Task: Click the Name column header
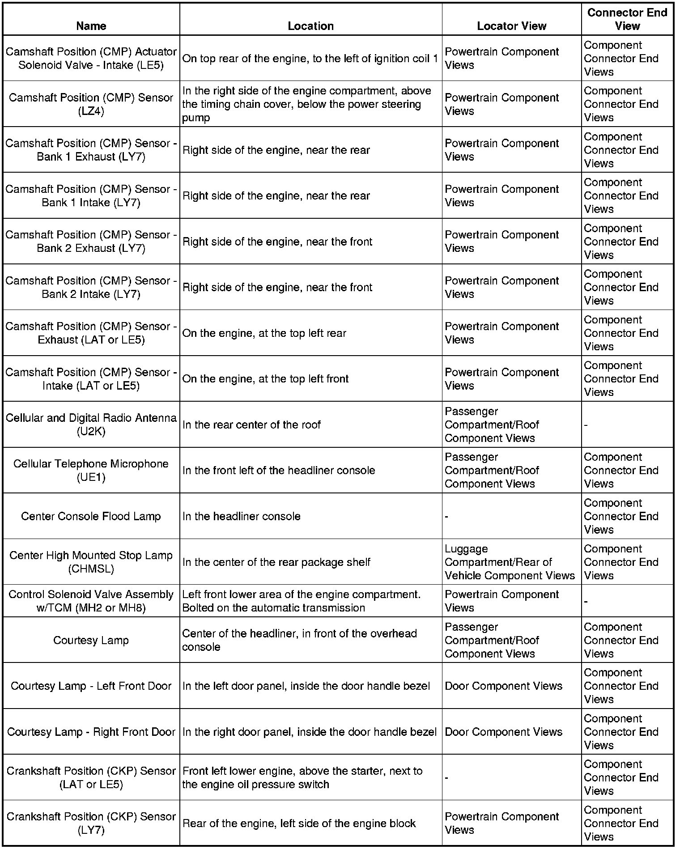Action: (x=91, y=26)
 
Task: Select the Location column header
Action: (x=310, y=26)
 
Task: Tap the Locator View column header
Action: (x=511, y=26)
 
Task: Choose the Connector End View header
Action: (x=627, y=19)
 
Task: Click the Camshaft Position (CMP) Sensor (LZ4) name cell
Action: (x=91, y=104)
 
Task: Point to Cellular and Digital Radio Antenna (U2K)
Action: (x=91, y=424)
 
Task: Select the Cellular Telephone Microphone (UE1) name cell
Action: (x=91, y=470)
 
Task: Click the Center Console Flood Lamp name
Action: (x=91, y=516)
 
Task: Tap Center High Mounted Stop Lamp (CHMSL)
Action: (x=91, y=562)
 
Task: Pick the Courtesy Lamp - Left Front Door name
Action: (x=91, y=686)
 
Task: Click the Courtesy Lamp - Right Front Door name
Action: (x=91, y=732)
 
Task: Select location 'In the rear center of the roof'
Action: (x=251, y=424)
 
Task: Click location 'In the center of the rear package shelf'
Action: (x=276, y=562)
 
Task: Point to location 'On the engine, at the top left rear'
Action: (x=264, y=333)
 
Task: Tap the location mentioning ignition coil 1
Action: (x=310, y=59)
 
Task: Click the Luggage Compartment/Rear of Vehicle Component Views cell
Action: (x=510, y=562)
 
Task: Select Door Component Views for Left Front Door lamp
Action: (x=503, y=686)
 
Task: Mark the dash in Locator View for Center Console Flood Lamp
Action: (x=446, y=517)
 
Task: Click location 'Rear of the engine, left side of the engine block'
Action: (x=299, y=823)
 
